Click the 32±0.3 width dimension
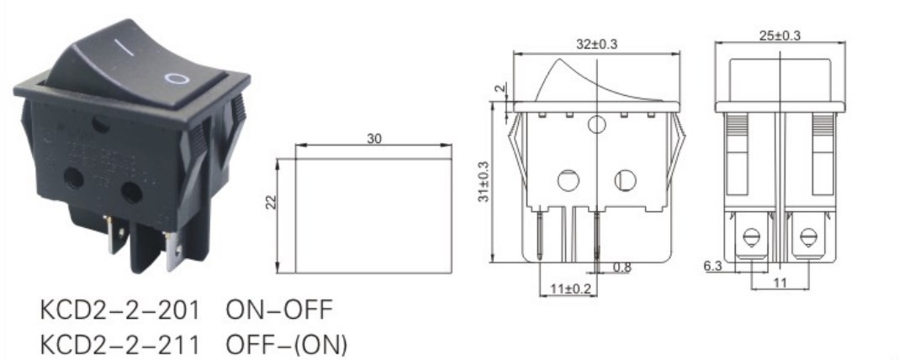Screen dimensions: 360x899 [595, 45]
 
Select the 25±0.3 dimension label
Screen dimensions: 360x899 [778, 35]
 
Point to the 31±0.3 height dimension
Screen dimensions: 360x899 [484, 181]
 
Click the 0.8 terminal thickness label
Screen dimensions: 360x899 [622, 268]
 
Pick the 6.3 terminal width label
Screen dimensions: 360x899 [714, 265]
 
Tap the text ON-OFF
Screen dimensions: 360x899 [279, 310]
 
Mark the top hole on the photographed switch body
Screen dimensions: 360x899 [101, 127]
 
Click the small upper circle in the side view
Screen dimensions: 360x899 [596, 126]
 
